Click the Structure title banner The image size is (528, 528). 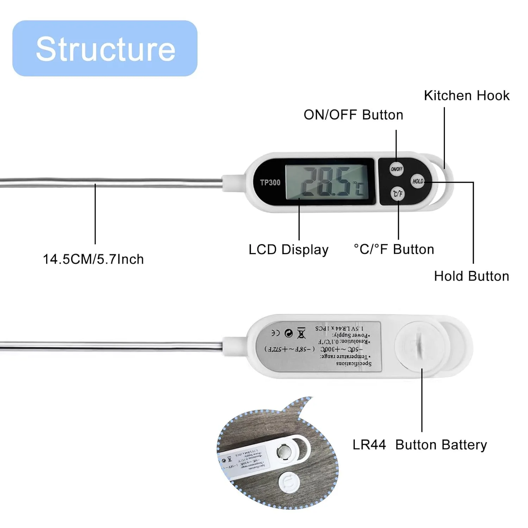click(x=105, y=48)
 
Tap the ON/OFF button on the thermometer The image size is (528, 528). click(x=396, y=169)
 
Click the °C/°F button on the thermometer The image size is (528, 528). click(x=398, y=194)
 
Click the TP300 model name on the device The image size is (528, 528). click(x=270, y=182)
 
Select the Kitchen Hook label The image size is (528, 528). click(x=466, y=96)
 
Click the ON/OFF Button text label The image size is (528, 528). click(x=353, y=115)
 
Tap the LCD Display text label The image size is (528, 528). click(x=288, y=250)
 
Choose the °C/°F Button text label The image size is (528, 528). click(x=394, y=249)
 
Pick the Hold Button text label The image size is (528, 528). click(x=471, y=276)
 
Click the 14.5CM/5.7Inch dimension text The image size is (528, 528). click(x=93, y=259)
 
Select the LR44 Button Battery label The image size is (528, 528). click(x=420, y=445)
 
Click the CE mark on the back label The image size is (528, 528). click(x=275, y=333)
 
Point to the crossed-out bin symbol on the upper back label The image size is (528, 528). click(x=301, y=333)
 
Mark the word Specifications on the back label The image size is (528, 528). click(x=353, y=363)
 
